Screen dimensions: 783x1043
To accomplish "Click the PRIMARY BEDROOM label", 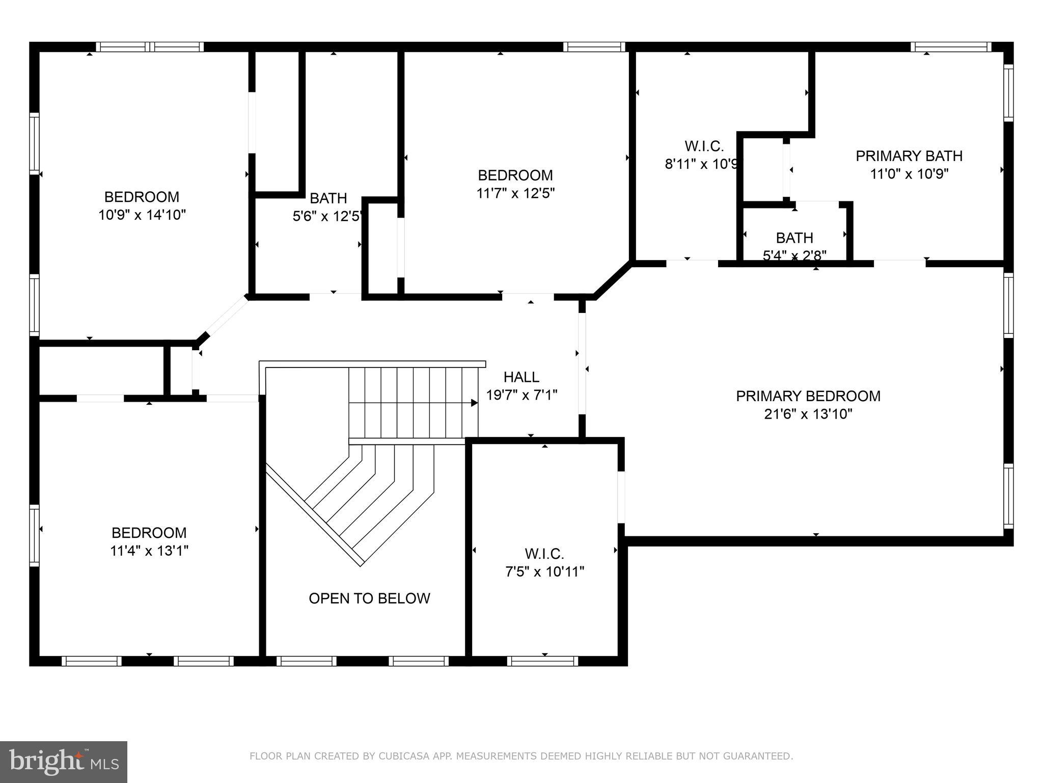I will point(808,396).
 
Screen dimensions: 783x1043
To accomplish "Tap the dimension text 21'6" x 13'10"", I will point(808,414).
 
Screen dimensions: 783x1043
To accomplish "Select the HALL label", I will point(521,377).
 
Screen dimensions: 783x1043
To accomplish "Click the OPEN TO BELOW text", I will point(369,598).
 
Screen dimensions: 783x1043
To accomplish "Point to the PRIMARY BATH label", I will point(909,156).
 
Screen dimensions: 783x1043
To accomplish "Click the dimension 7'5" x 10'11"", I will point(544,572).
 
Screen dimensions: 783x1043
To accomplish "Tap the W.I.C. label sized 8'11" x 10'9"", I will point(704,146).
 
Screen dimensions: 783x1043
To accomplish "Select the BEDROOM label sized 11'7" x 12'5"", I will point(515,175).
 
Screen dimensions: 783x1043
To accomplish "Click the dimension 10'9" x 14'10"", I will point(142,215).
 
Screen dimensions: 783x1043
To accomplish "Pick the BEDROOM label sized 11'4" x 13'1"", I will point(149,533).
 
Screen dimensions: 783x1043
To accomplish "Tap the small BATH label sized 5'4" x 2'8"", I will point(794,238).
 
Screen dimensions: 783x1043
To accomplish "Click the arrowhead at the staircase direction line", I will point(474,403).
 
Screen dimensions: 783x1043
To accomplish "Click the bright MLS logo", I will point(63,762).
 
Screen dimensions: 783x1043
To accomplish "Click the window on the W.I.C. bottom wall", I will point(542,661).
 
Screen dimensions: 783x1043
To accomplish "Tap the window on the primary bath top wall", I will point(950,47).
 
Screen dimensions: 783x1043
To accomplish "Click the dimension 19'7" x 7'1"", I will point(521,395).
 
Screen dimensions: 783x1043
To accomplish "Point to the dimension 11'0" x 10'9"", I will point(909,174).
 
